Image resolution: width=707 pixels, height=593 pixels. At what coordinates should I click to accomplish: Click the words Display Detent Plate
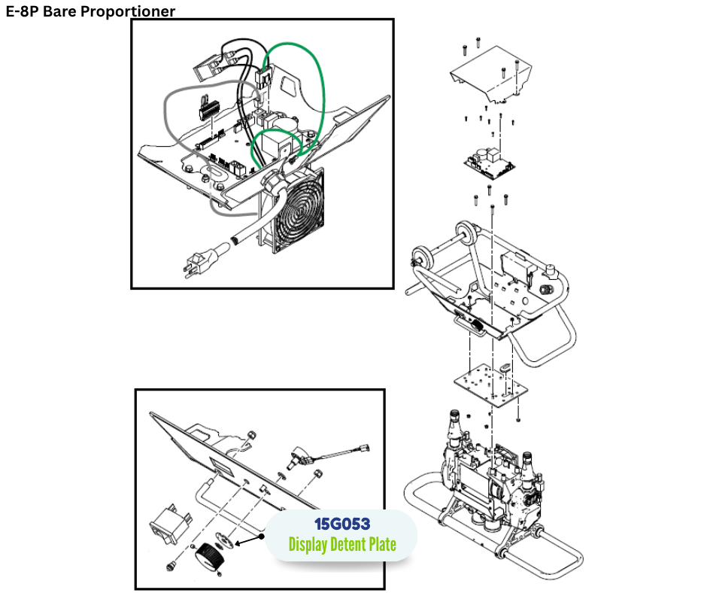(342, 544)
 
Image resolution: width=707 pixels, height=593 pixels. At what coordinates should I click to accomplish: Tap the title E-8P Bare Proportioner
(90, 11)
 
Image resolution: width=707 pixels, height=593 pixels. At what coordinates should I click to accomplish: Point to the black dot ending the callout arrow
(261, 537)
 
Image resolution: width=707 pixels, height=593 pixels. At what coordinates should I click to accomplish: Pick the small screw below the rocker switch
(171, 565)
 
